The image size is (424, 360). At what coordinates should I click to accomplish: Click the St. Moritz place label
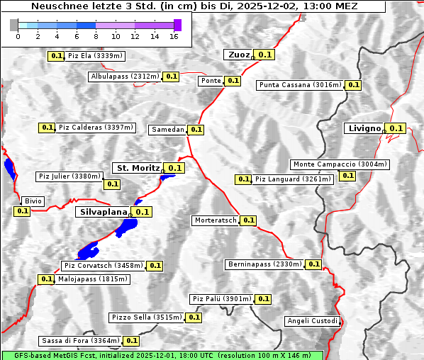pos(138,168)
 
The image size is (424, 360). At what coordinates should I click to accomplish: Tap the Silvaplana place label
pos(103,211)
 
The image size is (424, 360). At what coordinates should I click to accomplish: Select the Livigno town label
pos(364,128)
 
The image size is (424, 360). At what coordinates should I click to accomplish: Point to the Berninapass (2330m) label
pos(265,264)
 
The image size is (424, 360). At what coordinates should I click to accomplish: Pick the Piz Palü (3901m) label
pos(221,299)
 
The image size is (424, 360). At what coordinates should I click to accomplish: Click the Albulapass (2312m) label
pos(125,76)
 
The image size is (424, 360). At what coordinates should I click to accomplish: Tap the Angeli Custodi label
pos(313,321)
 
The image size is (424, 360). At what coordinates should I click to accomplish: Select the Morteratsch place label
pos(216,220)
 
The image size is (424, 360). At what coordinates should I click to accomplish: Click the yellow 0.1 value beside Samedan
pos(196,130)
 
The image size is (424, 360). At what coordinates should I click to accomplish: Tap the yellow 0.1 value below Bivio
pos(22,211)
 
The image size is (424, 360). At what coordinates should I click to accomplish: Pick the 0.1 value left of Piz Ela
pos(55,55)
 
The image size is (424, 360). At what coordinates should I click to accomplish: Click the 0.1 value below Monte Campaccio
pos(347,176)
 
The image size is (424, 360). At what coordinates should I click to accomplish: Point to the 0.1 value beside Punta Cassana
pos(354,85)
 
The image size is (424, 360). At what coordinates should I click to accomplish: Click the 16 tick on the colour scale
pos(174,36)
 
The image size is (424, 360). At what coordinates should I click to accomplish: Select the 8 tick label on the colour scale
pos(96,36)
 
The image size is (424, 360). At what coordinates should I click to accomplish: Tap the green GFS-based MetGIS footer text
pos(162,355)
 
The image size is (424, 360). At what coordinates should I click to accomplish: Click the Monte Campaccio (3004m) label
pos(340,164)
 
